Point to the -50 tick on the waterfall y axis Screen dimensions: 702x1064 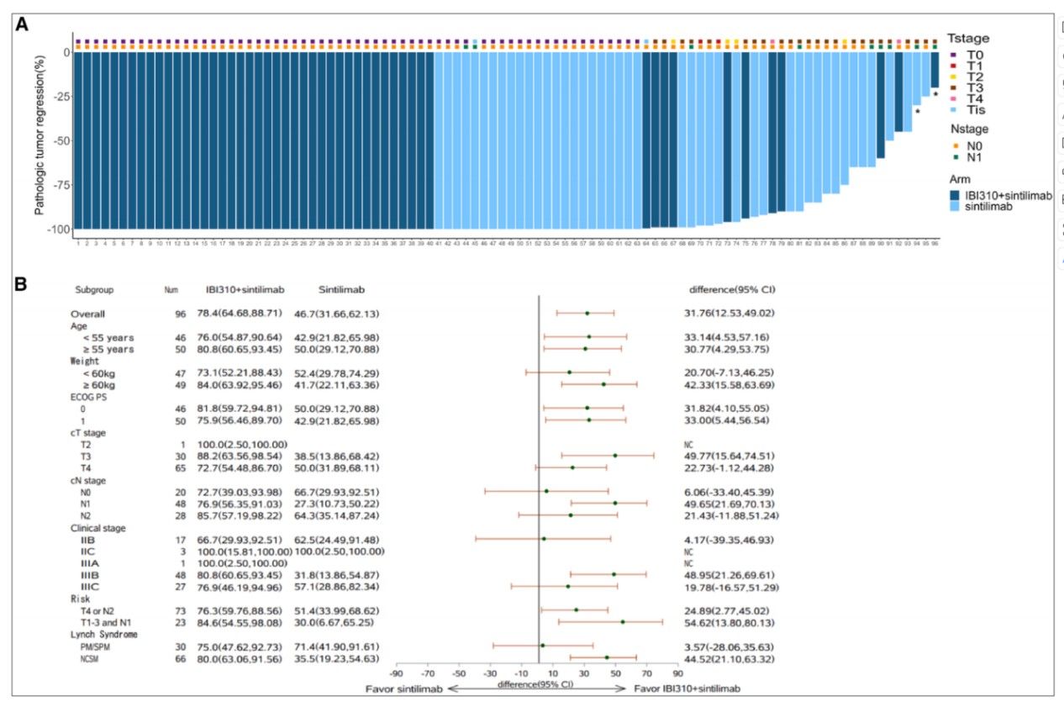click(59, 140)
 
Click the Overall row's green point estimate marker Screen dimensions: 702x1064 click(587, 313)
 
